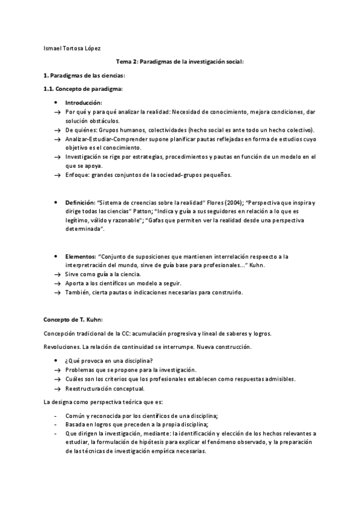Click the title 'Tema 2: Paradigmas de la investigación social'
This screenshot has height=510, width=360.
pyautogui.click(x=180, y=62)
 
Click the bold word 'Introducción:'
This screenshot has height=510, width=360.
pyautogui.click(x=84, y=103)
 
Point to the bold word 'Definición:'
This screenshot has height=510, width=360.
pyautogui.click(x=79, y=203)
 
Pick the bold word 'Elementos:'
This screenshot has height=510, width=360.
pyautogui.click(x=79, y=256)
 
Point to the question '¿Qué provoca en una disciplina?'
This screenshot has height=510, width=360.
pyautogui.click(x=107, y=360)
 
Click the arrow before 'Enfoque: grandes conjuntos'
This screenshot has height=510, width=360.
pyautogui.click(x=56, y=175)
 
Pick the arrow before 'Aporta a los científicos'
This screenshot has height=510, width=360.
pyautogui.click(x=56, y=283)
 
